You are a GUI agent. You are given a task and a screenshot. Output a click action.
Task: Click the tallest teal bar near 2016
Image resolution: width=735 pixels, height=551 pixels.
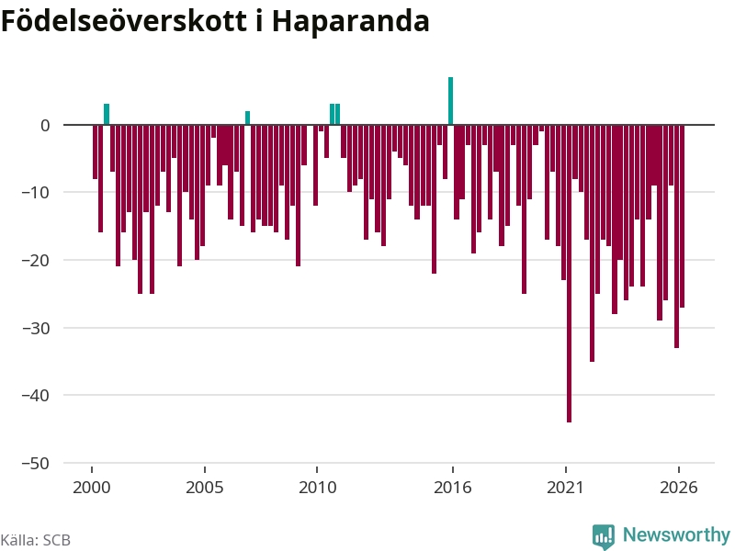[450, 101]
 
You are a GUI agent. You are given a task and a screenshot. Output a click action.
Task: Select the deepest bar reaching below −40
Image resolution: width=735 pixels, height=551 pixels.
[569, 274]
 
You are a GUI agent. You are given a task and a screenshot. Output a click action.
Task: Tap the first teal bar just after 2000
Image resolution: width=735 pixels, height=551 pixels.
[107, 114]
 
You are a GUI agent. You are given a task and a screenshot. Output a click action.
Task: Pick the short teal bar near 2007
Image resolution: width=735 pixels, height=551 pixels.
[247, 118]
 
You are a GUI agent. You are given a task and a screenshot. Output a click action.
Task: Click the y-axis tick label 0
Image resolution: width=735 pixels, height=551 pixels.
[45, 126]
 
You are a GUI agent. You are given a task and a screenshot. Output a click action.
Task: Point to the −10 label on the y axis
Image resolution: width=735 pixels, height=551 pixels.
[36, 192]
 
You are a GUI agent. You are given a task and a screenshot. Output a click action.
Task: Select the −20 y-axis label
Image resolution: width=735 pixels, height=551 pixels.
[36, 260]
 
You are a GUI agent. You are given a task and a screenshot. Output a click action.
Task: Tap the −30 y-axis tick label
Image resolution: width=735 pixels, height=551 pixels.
[36, 328]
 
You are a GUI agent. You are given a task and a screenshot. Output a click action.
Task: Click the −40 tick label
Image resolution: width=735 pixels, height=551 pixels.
[36, 396]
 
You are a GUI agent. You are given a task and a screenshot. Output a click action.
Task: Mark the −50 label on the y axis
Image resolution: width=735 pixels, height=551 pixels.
[36, 464]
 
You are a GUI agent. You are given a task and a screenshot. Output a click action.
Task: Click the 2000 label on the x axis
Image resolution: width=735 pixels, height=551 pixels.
[91, 488]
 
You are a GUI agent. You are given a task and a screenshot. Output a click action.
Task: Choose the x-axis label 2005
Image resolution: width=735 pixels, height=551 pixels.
[204, 488]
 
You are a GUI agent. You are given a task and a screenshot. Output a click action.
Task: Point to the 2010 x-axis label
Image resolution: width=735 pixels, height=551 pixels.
[317, 488]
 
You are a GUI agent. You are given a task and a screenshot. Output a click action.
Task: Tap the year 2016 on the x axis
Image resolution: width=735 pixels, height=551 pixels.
[452, 488]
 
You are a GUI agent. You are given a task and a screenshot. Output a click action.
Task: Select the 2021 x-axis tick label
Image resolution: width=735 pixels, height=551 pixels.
[565, 488]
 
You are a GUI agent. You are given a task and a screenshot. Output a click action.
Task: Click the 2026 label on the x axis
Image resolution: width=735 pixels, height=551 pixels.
[678, 488]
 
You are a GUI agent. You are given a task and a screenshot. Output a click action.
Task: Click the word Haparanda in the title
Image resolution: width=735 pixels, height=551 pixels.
[351, 21]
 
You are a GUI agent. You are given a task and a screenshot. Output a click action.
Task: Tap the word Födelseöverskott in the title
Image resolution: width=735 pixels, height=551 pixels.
[124, 20]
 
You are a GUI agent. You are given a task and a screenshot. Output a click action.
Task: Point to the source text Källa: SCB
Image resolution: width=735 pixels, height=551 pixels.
[36, 540]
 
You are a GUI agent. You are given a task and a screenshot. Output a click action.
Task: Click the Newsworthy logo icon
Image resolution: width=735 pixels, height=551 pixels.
[604, 536]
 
